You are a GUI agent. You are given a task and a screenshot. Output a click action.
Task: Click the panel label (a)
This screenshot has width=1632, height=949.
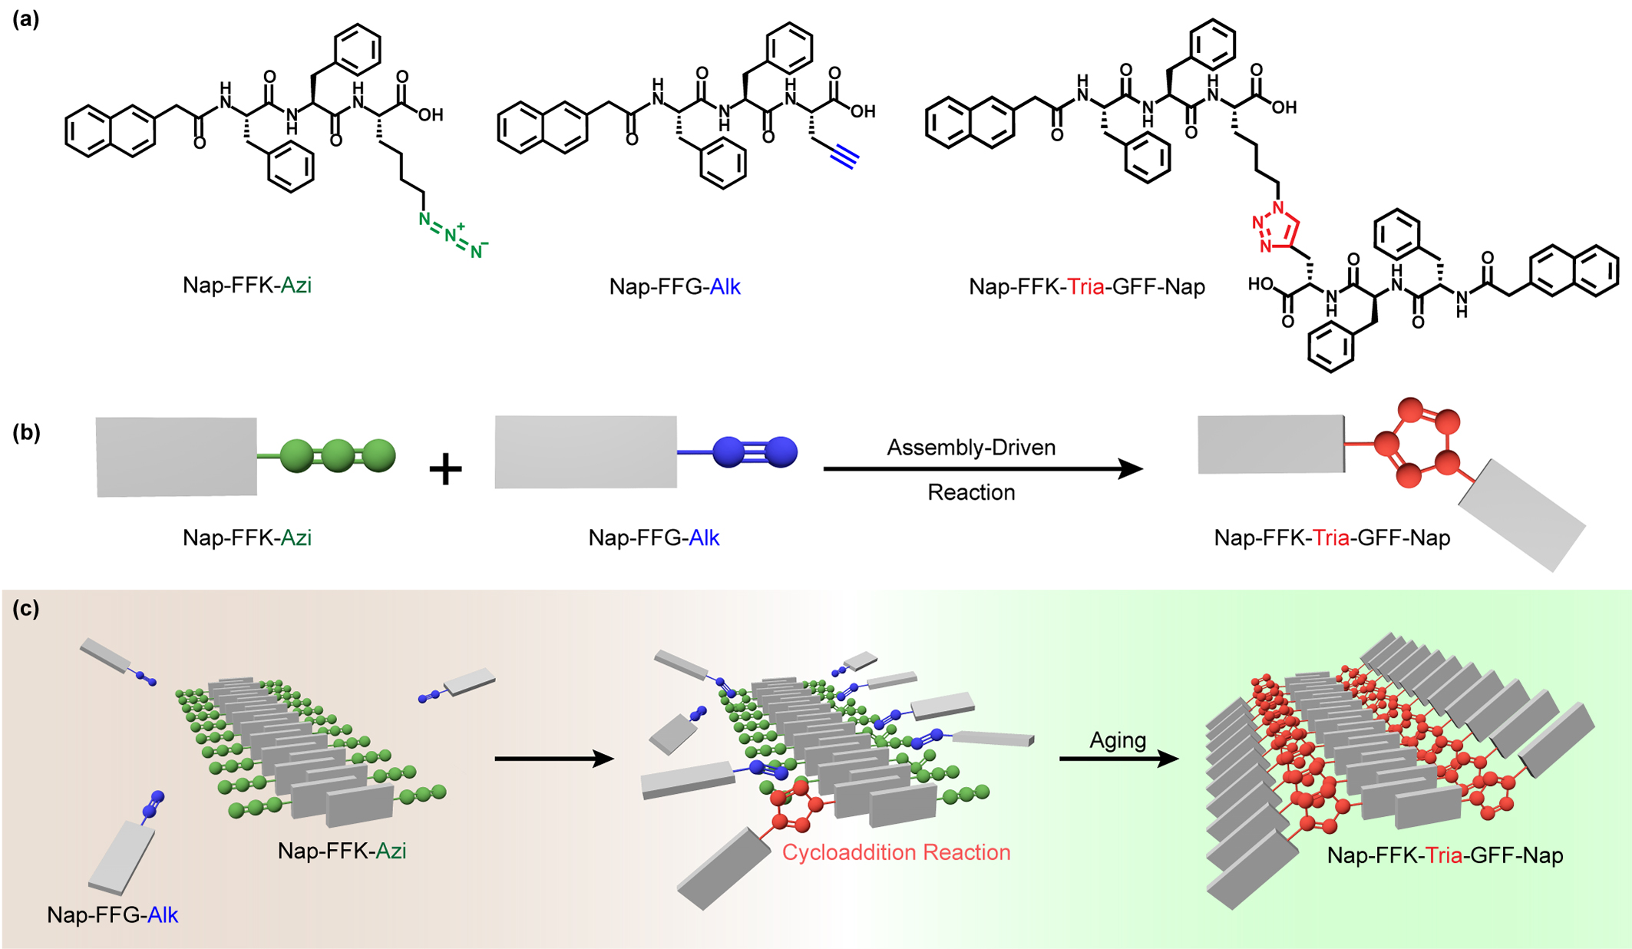click(x=25, y=20)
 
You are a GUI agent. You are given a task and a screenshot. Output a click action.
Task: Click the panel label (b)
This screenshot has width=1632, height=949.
click(x=25, y=432)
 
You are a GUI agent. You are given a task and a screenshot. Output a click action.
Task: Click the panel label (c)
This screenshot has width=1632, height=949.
click(x=25, y=609)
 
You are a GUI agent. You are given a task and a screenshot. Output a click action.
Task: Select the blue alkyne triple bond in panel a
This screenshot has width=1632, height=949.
click(x=844, y=157)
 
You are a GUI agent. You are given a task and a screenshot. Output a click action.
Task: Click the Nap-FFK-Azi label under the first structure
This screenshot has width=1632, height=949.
click(x=246, y=286)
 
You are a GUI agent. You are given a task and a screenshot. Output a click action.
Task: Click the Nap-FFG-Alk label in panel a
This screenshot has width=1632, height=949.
click(x=674, y=287)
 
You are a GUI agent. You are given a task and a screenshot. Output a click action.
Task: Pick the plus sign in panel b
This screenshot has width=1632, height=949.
click(x=445, y=468)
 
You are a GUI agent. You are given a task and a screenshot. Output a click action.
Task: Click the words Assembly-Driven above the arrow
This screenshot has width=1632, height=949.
click(x=970, y=448)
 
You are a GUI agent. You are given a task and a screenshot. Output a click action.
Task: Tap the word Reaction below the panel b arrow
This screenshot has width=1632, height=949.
click(x=970, y=492)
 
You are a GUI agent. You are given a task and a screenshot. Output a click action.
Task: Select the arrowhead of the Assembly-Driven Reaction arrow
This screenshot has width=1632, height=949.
click(x=1129, y=468)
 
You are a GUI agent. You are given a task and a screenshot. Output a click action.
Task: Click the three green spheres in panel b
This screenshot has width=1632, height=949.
click(x=338, y=456)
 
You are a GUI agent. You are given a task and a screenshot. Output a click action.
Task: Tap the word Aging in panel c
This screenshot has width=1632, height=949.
click(x=1118, y=740)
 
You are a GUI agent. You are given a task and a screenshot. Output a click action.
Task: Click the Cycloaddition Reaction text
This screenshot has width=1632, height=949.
click(x=896, y=852)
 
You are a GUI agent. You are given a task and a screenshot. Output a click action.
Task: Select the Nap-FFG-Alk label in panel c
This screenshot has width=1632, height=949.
click(x=112, y=915)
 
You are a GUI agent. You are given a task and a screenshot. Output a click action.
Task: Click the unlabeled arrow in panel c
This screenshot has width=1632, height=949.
click(x=553, y=759)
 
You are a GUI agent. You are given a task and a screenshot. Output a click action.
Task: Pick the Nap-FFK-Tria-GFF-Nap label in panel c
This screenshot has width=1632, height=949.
click(x=1445, y=855)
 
